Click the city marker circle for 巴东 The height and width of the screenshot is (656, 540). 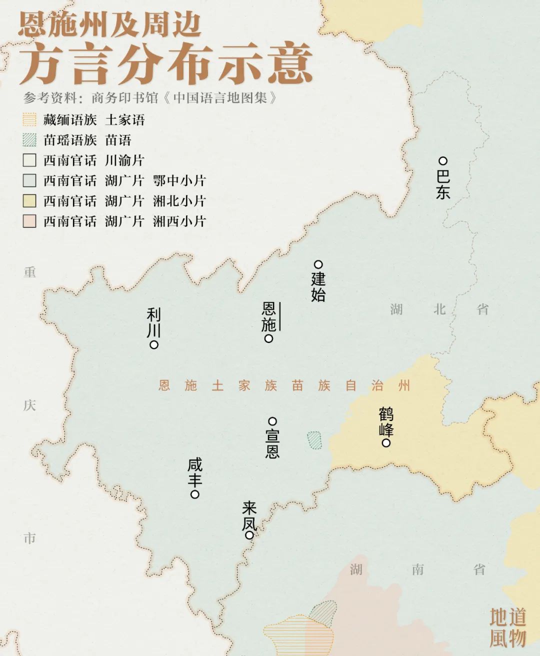443,161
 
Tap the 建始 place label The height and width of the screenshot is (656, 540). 318,286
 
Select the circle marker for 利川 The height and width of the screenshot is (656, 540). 154,345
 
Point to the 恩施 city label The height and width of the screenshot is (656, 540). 268,316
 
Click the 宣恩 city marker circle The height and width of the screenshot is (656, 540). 272,421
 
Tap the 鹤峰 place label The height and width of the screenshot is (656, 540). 386,422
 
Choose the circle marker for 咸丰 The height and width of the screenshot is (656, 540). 195,494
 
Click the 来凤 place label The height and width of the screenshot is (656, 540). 249,516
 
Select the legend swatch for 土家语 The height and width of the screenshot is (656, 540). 29,120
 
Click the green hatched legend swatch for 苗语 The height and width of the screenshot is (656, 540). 29,140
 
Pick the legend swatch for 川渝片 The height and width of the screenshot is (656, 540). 29,160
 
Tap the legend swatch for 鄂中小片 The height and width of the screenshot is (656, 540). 29,180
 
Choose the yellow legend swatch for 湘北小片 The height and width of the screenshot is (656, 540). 29,201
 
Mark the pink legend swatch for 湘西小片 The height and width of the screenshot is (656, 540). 29,221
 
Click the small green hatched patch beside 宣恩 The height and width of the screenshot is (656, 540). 314,440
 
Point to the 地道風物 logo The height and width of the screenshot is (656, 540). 507,627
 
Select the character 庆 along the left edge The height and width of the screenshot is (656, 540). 29,405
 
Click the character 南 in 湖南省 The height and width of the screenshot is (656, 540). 418,569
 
